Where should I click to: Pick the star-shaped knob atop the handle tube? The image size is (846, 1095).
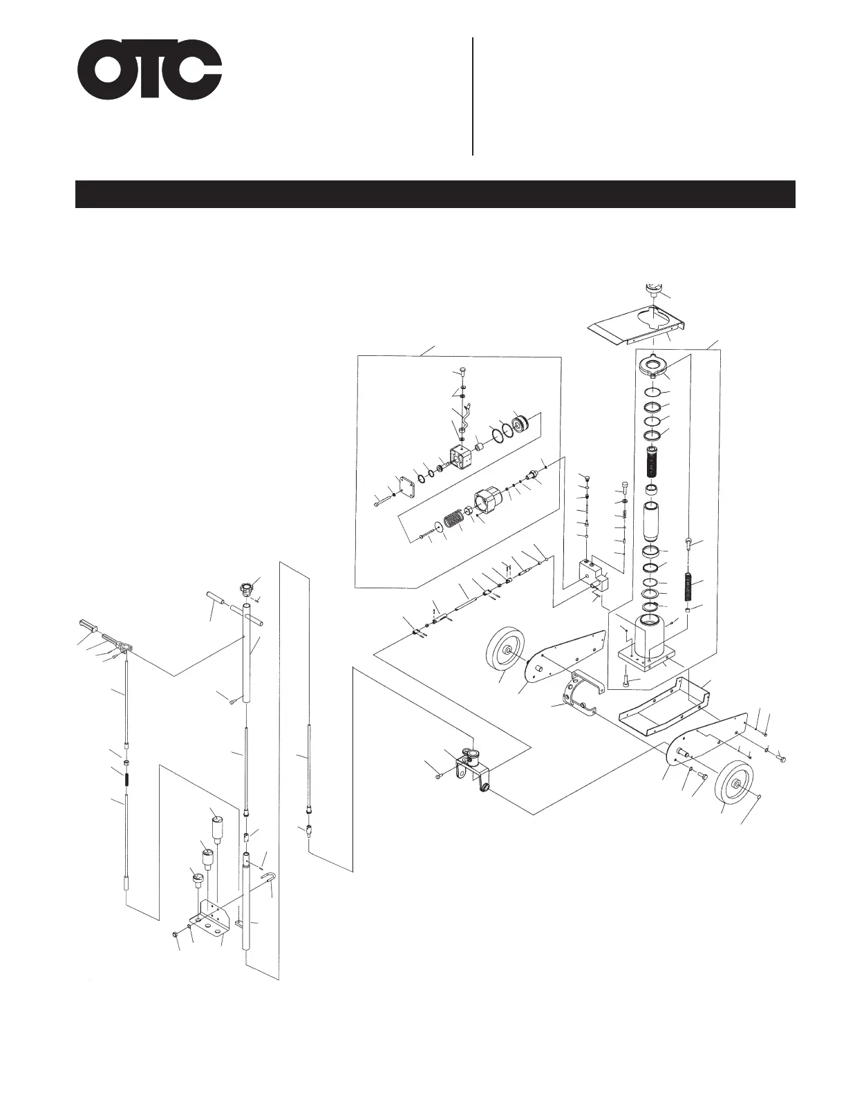click(x=245, y=590)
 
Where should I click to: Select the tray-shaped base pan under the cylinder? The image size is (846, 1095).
click(x=664, y=705)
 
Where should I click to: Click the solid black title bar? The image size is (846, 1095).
click(x=435, y=194)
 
